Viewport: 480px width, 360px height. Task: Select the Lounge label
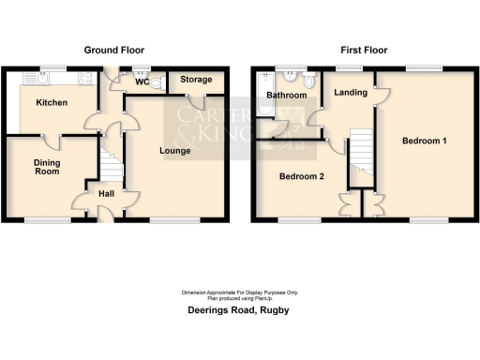tap(175, 151)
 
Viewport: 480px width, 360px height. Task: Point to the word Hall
tap(106, 194)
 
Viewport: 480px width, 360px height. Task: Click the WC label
tap(142, 82)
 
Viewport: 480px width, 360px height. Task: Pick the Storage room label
tap(196, 81)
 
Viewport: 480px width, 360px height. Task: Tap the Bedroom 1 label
tap(424, 142)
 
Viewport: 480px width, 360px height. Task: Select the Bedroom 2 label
tap(301, 175)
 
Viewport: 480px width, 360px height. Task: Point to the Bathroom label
tap(286, 96)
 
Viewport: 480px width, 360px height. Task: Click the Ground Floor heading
tap(114, 50)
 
